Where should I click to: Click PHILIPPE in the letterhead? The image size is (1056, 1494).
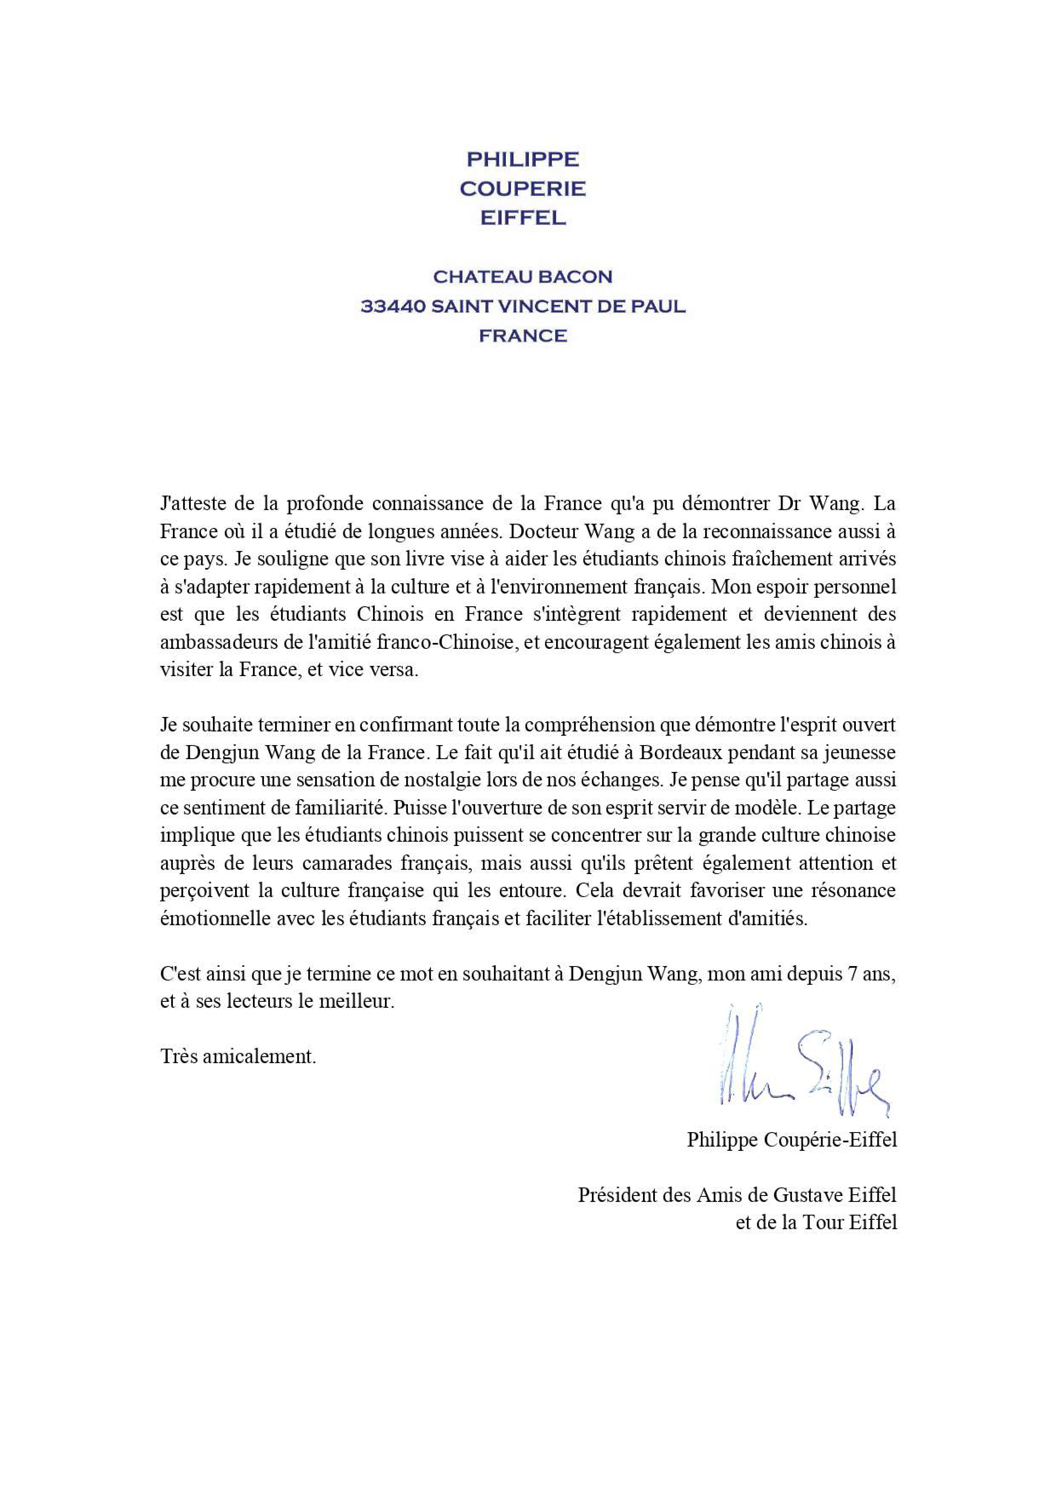pyautogui.click(x=522, y=159)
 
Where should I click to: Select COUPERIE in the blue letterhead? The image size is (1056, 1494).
pyautogui.click(x=522, y=189)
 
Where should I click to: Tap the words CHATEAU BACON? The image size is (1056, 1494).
pyautogui.click(x=522, y=277)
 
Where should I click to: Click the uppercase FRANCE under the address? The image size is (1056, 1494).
pyautogui.click(x=522, y=336)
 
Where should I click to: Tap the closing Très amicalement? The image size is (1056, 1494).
pyautogui.click(x=238, y=1057)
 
